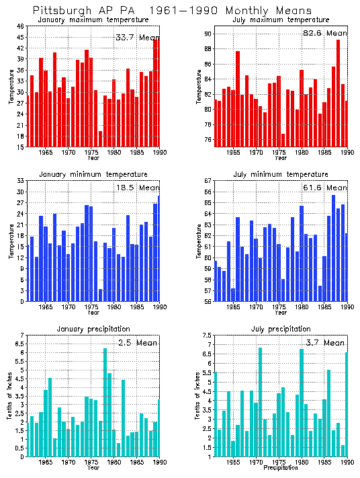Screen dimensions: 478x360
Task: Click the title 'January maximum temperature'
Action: [x=93, y=19]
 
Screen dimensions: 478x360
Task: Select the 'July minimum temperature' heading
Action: [x=281, y=174]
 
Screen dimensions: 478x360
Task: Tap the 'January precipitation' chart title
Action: [x=93, y=329]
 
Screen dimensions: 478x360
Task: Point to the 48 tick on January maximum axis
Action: [x=20, y=26]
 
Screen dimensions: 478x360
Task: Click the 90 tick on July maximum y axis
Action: [x=208, y=34]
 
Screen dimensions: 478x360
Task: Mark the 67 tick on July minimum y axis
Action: [x=208, y=181]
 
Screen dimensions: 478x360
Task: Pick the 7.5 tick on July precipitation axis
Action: [x=206, y=335]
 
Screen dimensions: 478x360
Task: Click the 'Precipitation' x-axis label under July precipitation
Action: [x=281, y=467]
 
